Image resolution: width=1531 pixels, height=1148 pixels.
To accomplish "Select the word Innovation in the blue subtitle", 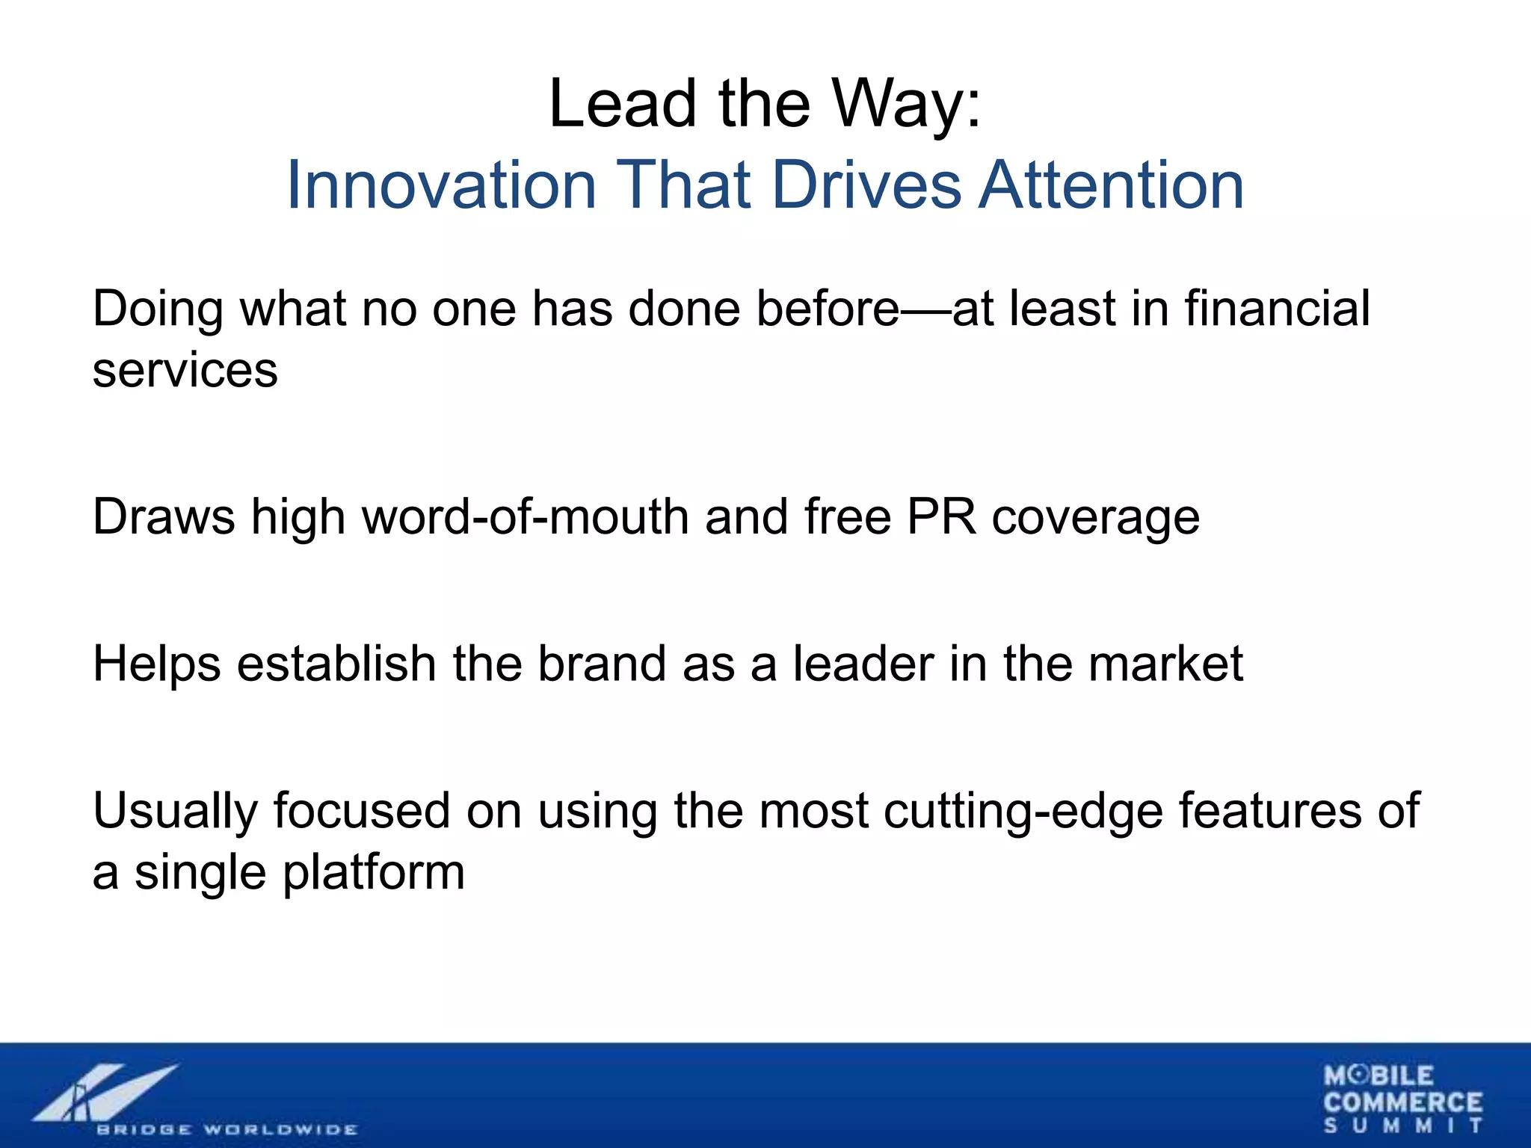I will click(441, 185).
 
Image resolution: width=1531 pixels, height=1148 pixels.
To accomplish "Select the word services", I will click(185, 371).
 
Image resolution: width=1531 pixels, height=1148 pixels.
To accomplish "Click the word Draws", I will click(163, 516).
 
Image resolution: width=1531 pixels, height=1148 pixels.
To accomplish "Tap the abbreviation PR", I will click(941, 516).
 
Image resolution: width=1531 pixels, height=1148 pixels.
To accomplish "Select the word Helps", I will click(156, 664).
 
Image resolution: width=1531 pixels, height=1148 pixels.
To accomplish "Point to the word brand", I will click(602, 664).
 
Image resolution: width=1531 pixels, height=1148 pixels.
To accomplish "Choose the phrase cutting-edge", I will click(1023, 812).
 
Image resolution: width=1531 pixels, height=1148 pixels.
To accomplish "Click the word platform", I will click(374, 873).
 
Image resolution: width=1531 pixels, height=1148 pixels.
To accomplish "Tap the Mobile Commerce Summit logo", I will click(1402, 1099).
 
